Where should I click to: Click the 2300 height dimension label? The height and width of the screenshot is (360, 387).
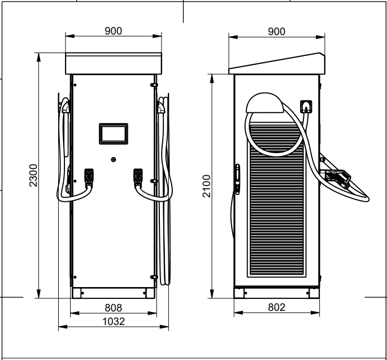tap(33, 175)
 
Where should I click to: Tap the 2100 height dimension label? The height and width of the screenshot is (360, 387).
tap(206, 186)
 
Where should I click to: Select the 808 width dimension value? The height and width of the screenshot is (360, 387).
tap(114, 308)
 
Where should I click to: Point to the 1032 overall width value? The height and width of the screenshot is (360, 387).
tap(114, 322)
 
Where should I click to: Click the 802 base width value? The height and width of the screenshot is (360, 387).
tap(276, 307)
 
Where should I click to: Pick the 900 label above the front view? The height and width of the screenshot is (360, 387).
tap(114, 31)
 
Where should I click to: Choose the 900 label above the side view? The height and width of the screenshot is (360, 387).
tap(276, 32)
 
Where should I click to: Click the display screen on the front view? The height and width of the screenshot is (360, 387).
tap(114, 133)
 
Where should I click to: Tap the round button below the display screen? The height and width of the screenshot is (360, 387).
tap(114, 159)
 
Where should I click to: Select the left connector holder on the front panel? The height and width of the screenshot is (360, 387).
tap(89, 177)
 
